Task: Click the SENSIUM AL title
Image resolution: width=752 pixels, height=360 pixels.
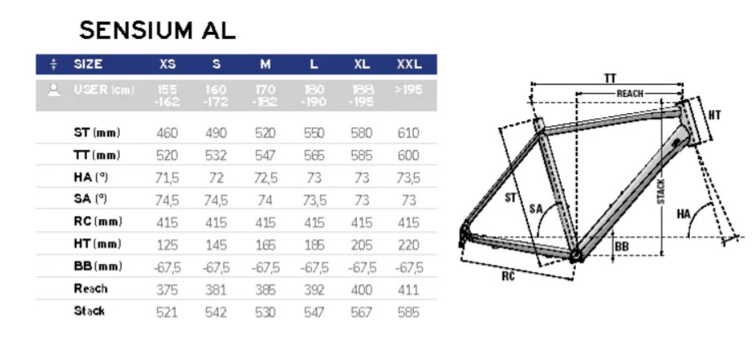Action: coord(157,31)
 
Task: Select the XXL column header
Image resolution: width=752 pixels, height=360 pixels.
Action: coord(409,64)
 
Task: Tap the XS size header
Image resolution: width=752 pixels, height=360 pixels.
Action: coord(167,64)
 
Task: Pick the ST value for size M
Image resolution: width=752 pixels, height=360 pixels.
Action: coord(266,133)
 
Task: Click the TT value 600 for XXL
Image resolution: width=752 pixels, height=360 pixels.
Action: coord(408,156)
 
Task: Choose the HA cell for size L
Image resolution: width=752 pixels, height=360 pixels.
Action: coord(314,178)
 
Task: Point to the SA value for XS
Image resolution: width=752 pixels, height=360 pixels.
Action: coord(167,200)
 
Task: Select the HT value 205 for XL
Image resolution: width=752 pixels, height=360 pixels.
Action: coord(361,245)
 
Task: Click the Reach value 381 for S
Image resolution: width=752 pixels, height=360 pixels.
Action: coord(216,290)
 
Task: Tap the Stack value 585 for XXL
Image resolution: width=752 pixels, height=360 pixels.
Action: coord(408,313)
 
